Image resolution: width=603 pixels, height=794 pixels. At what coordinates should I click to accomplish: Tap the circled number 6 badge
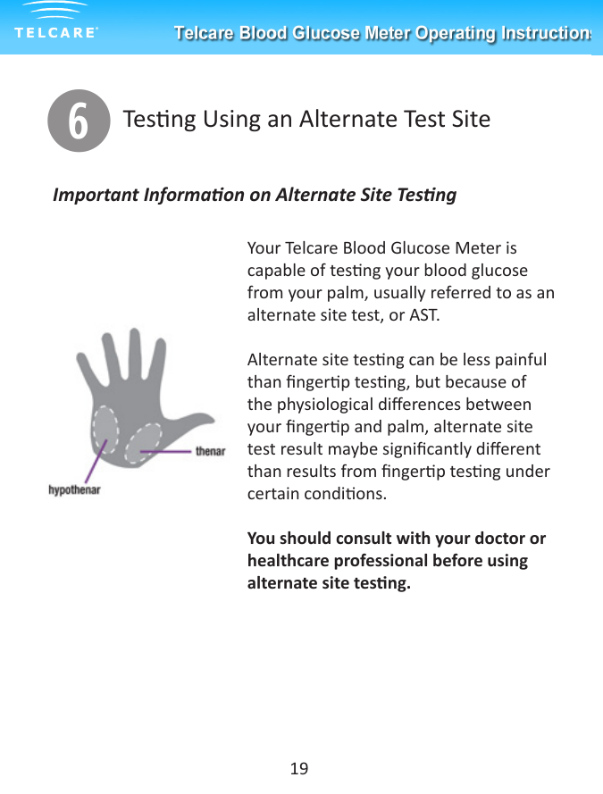point(78,121)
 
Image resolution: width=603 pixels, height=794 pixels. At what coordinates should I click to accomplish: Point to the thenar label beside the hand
point(210,451)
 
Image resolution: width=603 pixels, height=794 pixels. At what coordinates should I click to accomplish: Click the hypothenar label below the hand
point(74,489)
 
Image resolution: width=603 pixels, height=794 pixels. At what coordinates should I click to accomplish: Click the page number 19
point(299,768)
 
